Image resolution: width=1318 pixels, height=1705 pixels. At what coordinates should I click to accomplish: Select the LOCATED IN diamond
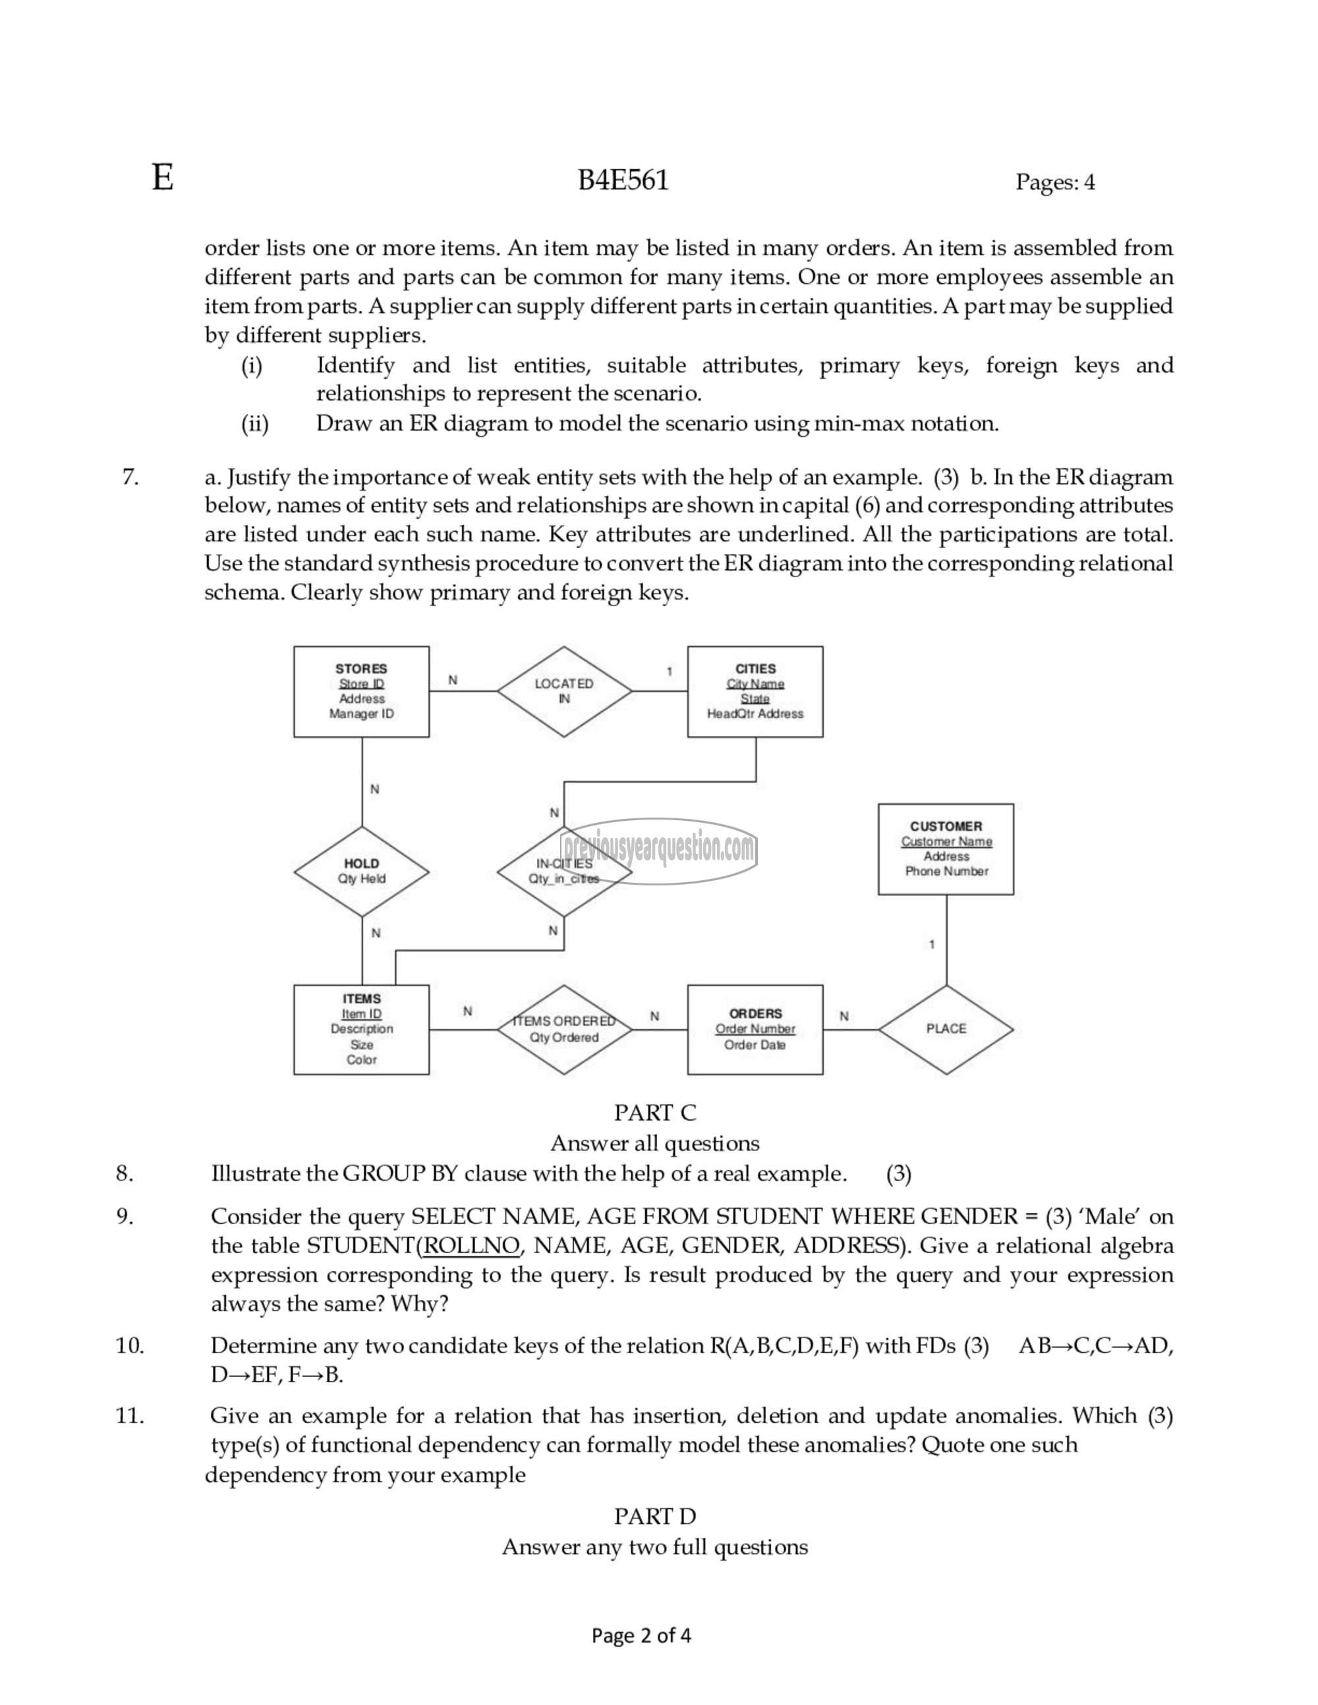click(x=563, y=691)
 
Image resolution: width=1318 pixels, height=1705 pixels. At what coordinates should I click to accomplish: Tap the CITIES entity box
click(x=755, y=691)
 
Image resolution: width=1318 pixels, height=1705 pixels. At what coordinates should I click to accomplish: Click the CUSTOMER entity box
click(x=946, y=849)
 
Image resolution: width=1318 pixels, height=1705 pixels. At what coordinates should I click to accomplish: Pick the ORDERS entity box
click(x=755, y=1029)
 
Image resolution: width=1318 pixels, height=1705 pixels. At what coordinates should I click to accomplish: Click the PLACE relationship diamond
click(x=946, y=1029)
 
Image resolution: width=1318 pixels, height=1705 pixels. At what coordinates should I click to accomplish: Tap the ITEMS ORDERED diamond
click(x=563, y=1029)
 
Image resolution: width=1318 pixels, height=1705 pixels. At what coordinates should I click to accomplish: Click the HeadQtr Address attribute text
click(x=755, y=713)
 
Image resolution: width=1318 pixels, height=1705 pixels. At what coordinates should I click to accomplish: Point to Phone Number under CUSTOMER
click(x=946, y=871)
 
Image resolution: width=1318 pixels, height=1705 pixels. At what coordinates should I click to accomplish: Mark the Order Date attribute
click(x=755, y=1045)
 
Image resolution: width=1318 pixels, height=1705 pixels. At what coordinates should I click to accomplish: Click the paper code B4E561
click(x=623, y=181)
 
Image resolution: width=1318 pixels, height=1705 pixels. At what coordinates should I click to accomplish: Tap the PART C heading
click(x=654, y=1113)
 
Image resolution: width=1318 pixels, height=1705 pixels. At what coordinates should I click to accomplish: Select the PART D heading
click(x=654, y=1516)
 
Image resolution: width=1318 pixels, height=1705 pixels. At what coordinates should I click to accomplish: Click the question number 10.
click(x=130, y=1345)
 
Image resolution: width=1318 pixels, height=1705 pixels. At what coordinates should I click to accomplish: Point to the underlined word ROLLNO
click(x=470, y=1245)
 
